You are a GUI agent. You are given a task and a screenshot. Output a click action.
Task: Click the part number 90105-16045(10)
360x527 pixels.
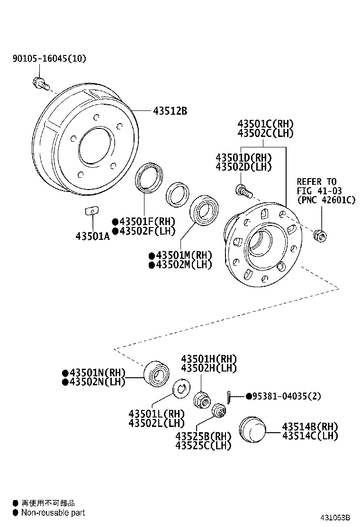(x=49, y=59)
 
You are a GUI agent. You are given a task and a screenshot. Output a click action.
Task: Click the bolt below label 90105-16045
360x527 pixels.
(x=39, y=83)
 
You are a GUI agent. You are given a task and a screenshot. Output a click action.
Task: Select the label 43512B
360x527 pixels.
(x=170, y=111)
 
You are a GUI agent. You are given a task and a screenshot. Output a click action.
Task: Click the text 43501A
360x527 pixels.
(x=92, y=236)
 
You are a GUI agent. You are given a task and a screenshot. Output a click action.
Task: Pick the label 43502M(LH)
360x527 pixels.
(x=180, y=264)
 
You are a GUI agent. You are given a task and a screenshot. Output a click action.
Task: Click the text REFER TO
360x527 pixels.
(x=316, y=182)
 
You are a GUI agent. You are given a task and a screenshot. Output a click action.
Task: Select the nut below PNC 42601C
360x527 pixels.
(x=319, y=235)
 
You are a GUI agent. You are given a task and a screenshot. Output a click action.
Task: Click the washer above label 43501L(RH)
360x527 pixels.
(x=180, y=389)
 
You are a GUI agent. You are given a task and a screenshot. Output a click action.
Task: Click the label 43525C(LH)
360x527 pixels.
(x=203, y=445)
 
